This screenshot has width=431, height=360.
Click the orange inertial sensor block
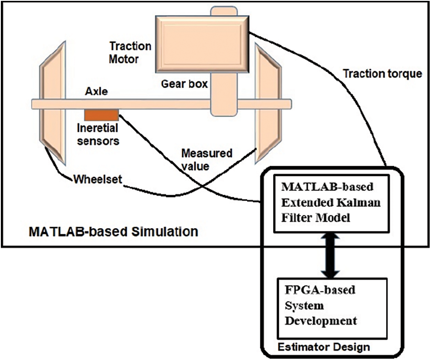coord(102,115)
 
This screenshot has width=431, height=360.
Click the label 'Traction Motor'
coord(130,52)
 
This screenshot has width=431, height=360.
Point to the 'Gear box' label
coord(184,84)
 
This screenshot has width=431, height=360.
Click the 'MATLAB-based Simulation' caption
coord(113,231)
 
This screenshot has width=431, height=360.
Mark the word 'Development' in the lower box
coord(321,320)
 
